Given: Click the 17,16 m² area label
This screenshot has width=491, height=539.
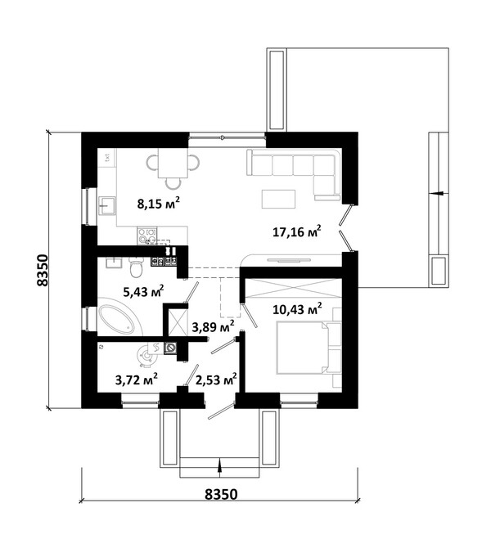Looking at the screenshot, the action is tap(297, 231).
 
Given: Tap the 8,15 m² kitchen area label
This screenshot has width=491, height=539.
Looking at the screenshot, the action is tap(159, 203).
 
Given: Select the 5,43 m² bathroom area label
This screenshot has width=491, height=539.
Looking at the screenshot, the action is tap(143, 291).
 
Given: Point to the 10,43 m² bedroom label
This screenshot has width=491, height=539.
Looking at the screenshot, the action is tap(297, 308).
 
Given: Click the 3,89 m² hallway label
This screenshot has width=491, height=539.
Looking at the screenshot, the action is tap(214, 326).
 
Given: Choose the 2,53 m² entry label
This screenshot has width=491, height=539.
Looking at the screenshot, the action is tap(216, 380).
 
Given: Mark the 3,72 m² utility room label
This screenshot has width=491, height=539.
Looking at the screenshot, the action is tap(136, 380).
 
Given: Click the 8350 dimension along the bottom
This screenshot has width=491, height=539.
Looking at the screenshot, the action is tap(221, 494).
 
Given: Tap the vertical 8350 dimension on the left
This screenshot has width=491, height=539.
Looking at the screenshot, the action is tap(43, 270).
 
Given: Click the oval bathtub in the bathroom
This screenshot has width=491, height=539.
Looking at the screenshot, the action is tap(116, 319).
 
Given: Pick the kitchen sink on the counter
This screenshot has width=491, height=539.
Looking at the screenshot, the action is tap(107, 205).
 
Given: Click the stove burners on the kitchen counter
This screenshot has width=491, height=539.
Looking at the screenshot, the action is tap(146, 236).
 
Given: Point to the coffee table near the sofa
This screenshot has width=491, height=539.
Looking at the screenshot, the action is tap(278, 199).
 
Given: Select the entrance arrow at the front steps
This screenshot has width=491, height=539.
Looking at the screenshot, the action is tap(219, 468).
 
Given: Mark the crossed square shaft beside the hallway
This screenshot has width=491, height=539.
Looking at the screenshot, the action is tap(177, 322).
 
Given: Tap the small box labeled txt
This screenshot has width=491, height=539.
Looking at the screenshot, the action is tap(107, 158).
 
